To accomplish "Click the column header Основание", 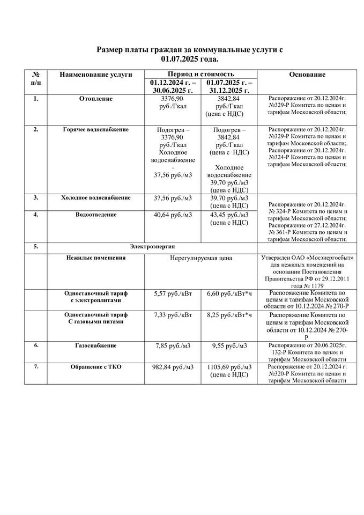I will pyautogui.click(x=307, y=75).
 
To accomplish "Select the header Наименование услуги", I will pyautogui.click(x=96, y=75).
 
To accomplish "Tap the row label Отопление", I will pyautogui.click(x=96, y=99).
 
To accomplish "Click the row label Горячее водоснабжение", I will pyautogui.click(x=96, y=130).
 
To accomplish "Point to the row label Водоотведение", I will pyautogui.click(x=96, y=215).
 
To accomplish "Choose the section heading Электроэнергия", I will pyautogui.click(x=152, y=246).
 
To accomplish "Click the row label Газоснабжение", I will pyautogui.click(x=96, y=345).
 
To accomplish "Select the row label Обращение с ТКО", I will pyautogui.click(x=96, y=366).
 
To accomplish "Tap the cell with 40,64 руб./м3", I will pyautogui.click(x=173, y=215).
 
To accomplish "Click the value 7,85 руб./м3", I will pyautogui.click(x=173, y=345).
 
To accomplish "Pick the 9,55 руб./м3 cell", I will pyautogui.click(x=229, y=345).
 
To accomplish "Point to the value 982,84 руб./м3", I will pyautogui.click(x=173, y=367).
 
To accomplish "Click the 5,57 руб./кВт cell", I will pyautogui.click(x=173, y=293).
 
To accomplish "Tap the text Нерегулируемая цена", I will pyautogui.click(x=201, y=259).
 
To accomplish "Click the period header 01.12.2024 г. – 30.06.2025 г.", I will pyautogui.click(x=173, y=87).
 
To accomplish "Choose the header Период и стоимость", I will pyautogui.click(x=200, y=74).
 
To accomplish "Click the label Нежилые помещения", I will pyautogui.click(x=96, y=257).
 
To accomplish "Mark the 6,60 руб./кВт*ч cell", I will pyautogui.click(x=229, y=293).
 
